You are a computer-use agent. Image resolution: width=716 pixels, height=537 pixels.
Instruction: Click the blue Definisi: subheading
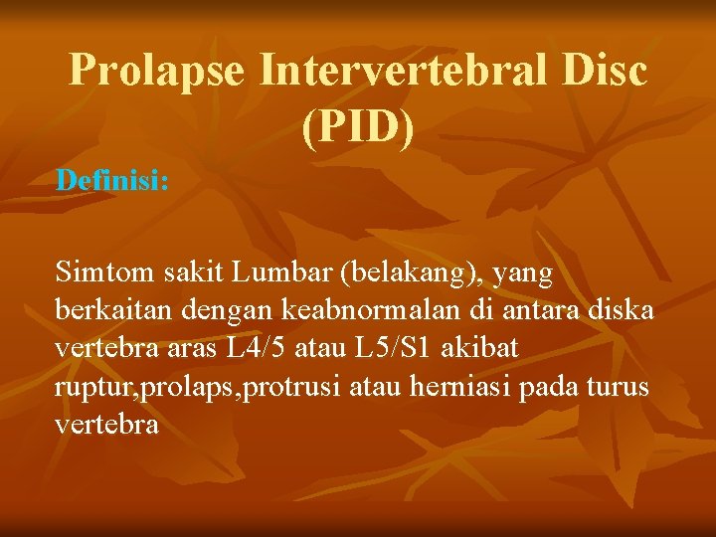click(112, 181)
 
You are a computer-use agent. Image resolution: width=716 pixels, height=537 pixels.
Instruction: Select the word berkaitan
click(112, 310)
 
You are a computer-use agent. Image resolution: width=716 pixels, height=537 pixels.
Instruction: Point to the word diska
click(621, 310)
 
